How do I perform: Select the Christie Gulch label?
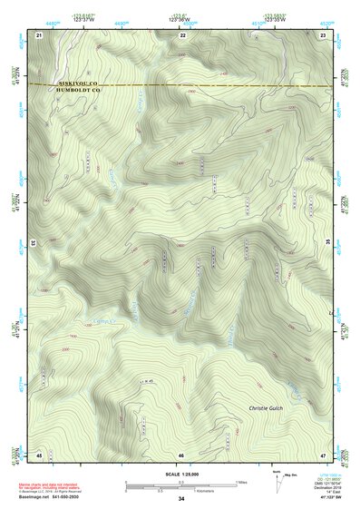click(x=267, y=409)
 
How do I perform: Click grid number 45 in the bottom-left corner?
click(x=39, y=454)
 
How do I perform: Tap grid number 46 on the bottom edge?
click(x=181, y=454)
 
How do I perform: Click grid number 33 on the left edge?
click(x=33, y=244)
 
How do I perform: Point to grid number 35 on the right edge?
click(x=328, y=244)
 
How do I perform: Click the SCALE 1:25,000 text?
click(x=181, y=474)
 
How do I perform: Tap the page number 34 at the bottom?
click(x=181, y=499)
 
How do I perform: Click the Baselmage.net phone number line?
click(x=55, y=498)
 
